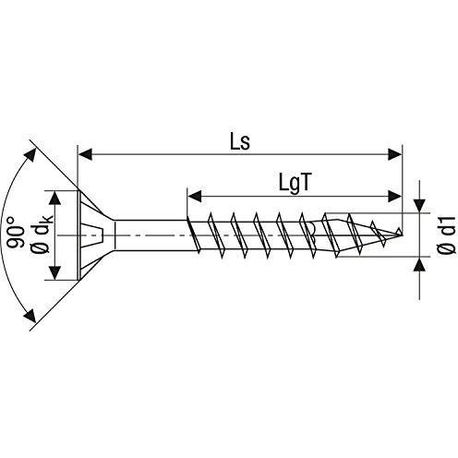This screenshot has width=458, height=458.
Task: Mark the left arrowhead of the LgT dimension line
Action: coord(193,195)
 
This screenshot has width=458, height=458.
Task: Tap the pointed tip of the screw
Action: coord(403,231)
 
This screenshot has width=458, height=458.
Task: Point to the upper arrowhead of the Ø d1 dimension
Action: coord(420,208)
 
